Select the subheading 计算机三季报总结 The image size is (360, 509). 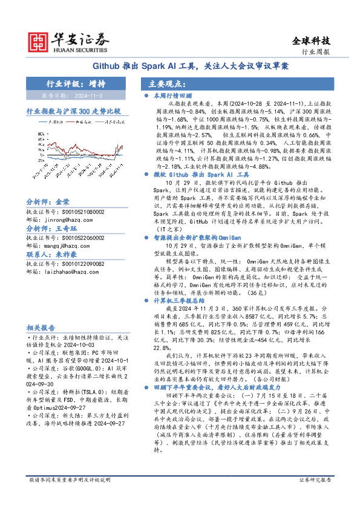[175, 300]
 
